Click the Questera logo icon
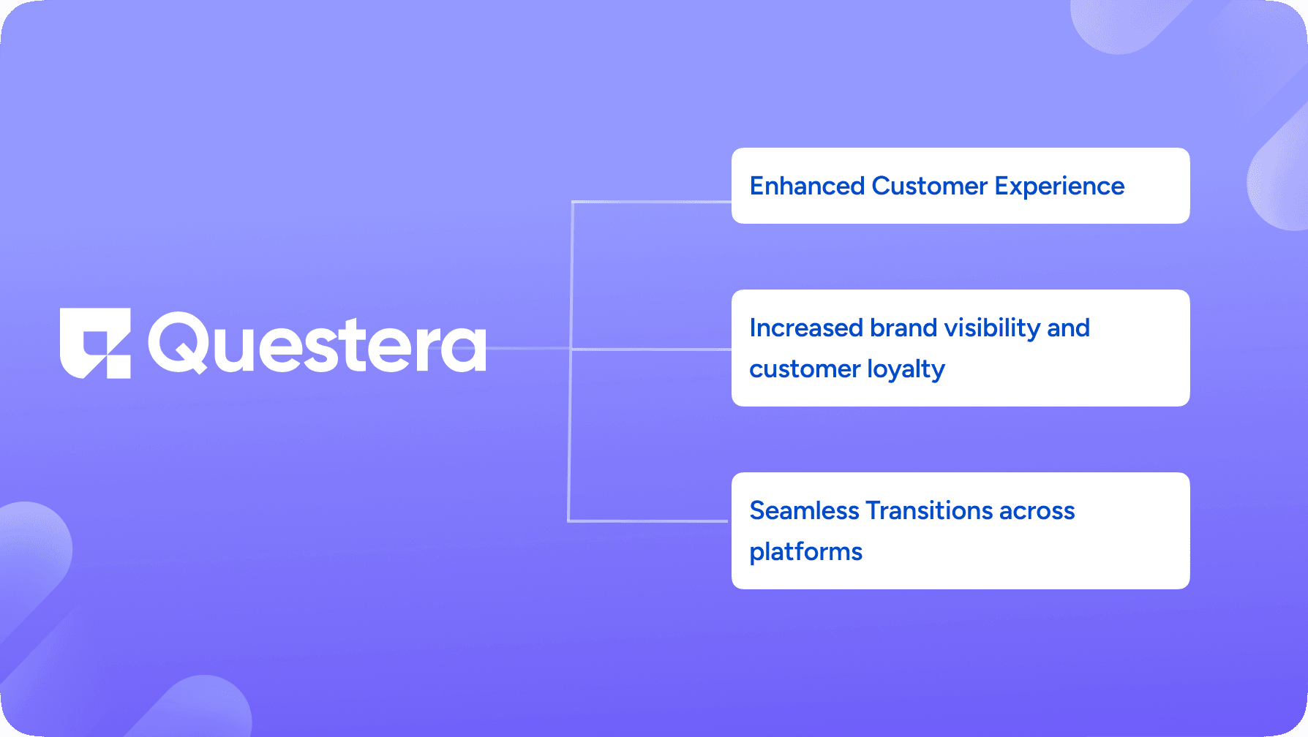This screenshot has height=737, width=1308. click(95, 342)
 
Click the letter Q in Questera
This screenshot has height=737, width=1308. click(179, 342)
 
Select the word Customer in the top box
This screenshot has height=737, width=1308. click(929, 186)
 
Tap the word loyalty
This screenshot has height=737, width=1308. click(906, 370)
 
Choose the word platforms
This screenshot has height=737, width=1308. click(805, 552)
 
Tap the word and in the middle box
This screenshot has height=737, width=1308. click(1068, 328)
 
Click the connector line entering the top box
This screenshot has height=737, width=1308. click(651, 202)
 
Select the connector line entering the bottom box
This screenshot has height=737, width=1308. click(647, 521)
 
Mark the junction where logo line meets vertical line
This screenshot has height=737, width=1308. click(571, 349)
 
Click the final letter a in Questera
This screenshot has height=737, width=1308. click(465, 349)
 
